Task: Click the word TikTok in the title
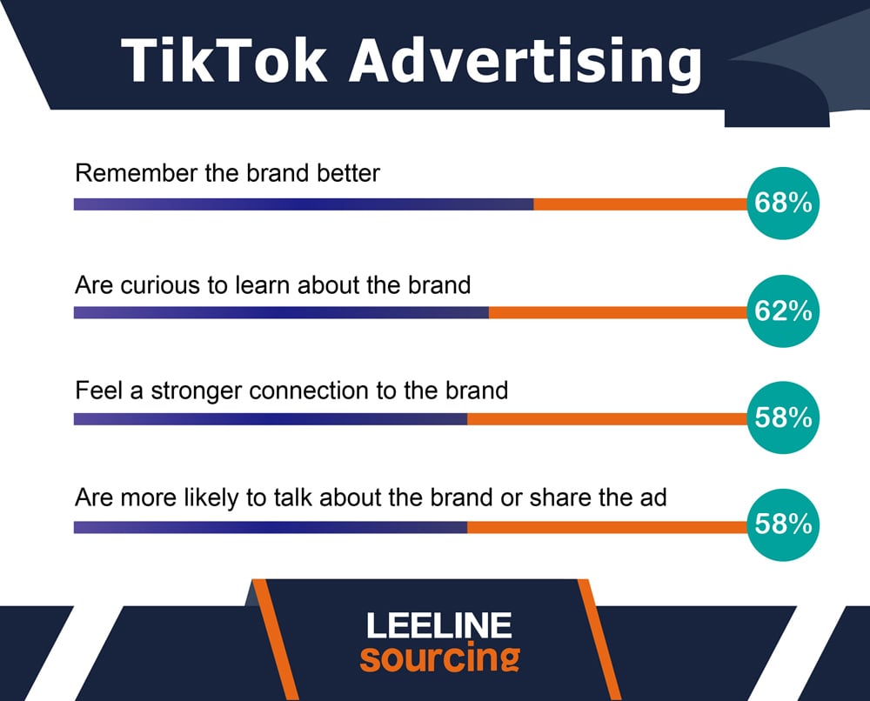click(224, 61)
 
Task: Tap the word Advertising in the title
click(525, 63)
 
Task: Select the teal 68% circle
click(783, 203)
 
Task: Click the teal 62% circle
click(783, 311)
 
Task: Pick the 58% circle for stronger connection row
click(783, 417)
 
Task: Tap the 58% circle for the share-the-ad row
click(783, 524)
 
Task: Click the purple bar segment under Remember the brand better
click(304, 204)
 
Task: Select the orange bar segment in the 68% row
click(641, 204)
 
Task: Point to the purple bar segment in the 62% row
click(281, 313)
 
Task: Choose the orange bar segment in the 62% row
click(619, 313)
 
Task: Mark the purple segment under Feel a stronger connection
click(271, 418)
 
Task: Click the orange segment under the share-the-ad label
click(608, 527)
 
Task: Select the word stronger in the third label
click(197, 391)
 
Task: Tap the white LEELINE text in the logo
click(438, 625)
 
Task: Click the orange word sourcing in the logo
click(440, 658)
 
